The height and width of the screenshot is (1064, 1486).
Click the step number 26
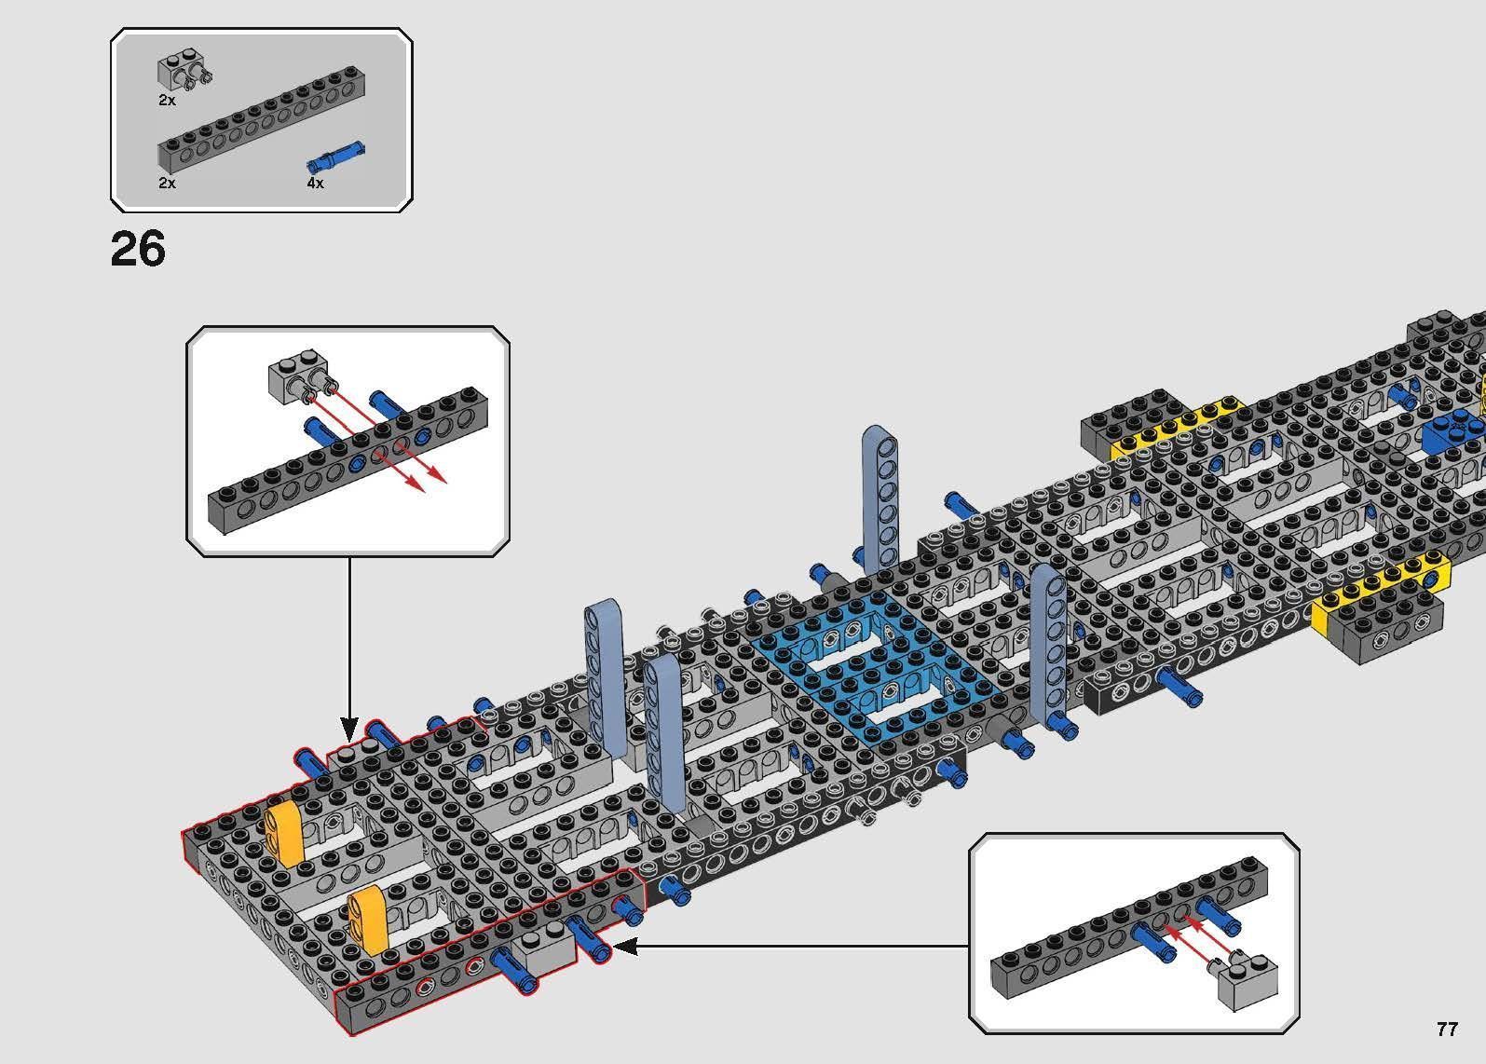138,250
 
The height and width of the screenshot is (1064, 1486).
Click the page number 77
1446,1029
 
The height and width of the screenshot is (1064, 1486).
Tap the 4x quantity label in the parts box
315,184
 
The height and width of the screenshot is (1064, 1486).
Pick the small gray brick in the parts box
177,72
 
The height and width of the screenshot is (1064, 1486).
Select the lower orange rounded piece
367,921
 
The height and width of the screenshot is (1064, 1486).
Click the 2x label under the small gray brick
167,100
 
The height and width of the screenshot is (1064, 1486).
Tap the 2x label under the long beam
167,184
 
